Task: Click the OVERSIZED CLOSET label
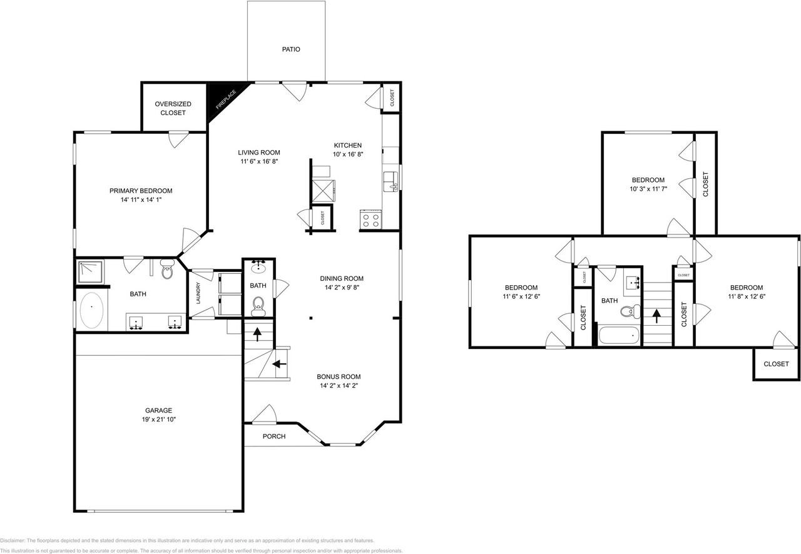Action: (173, 108)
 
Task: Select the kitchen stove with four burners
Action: (370, 220)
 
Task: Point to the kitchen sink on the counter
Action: (390, 180)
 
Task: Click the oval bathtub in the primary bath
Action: (93, 311)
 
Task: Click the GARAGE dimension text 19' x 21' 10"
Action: (159, 420)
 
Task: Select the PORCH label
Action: (273, 436)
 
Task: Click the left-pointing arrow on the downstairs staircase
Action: (279, 363)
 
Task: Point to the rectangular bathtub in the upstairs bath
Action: (620, 335)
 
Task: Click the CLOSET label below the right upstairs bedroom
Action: (776, 364)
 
